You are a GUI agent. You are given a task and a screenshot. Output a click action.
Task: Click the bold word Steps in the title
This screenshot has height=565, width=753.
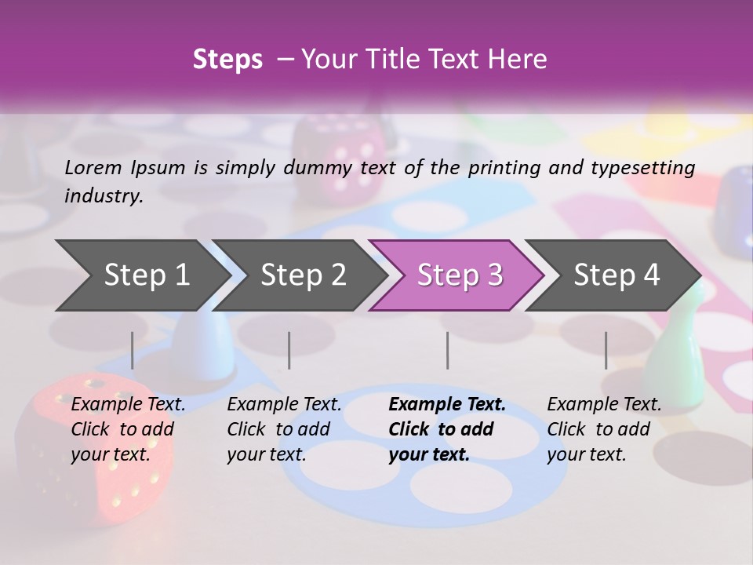coord(227,60)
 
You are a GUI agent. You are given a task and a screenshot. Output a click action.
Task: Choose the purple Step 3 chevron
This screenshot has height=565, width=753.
coord(459,275)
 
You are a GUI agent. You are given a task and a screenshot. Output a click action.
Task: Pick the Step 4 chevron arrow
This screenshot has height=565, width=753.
coord(616,275)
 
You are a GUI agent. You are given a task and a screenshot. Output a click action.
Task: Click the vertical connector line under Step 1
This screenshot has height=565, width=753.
coord(133,350)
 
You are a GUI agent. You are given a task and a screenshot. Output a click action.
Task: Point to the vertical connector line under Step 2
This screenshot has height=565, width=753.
coord(289,350)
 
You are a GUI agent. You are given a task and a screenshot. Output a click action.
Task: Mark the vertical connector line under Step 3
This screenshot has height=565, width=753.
coord(447,350)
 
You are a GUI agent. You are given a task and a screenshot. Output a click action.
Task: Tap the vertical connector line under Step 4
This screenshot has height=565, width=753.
coord(606,350)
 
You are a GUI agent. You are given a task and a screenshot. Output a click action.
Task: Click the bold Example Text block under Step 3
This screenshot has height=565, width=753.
coord(447,429)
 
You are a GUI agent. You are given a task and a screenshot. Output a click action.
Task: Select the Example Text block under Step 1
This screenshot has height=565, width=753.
coord(128,429)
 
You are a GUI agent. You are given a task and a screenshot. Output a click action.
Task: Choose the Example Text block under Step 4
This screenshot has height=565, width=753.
coord(604,429)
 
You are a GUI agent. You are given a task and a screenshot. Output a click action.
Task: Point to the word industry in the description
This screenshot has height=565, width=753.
coord(104,196)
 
